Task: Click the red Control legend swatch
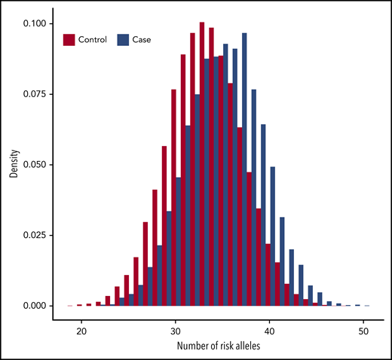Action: pyautogui.click(x=70, y=39)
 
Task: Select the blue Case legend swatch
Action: pyautogui.click(x=124, y=39)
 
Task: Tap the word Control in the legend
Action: pyautogui.click(x=93, y=39)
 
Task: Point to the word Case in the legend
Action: pyautogui.click(x=142, y=39)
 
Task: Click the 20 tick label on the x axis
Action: pyautogui.click(x=80, y=329)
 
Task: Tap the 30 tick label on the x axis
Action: pyautogui.click(x=176, y=329)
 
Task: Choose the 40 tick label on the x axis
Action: pyautogui.click(x=270, y=329)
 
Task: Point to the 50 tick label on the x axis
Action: pyautogui.click(x=364, y=329)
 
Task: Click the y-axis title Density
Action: pyautogui.click(x=13, y=165)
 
